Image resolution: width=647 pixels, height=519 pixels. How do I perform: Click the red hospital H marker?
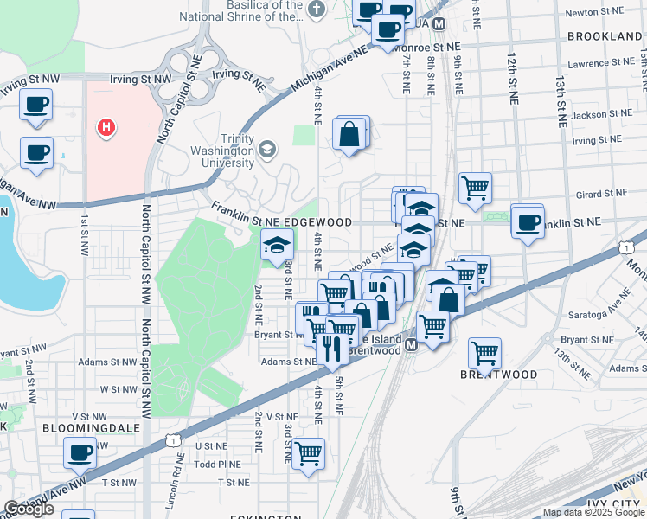(106, 128)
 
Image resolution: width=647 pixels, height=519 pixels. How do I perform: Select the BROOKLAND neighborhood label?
(605, 36)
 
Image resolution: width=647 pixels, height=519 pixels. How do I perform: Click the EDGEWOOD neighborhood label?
(319, 222)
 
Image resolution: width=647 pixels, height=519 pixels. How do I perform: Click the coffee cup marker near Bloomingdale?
(80, 452)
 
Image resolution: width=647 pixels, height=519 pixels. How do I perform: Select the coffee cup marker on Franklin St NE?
(527, 222)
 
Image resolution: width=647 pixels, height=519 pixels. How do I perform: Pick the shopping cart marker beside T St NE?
(308, 452)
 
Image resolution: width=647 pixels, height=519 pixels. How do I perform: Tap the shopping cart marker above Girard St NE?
(475, 186)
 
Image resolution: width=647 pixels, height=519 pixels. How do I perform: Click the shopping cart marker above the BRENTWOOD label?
(484, 352)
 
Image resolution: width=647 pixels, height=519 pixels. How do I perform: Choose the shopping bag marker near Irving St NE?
(349, 134)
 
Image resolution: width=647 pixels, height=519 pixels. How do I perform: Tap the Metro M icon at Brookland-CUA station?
(439, 24)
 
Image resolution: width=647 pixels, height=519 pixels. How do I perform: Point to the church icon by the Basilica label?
(317, 10)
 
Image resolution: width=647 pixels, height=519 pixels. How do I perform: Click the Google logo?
(29, 509)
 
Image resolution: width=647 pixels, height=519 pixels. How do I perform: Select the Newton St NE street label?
(593, 12)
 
